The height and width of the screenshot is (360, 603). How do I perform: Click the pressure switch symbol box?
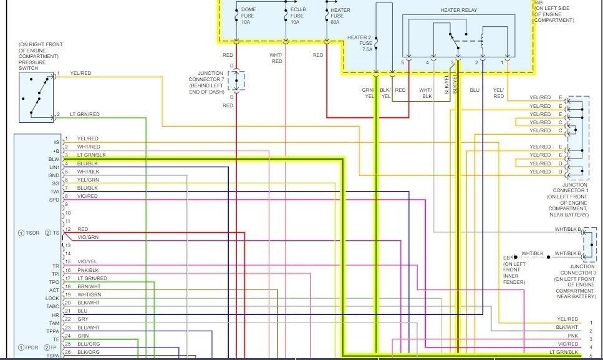(x=37, y=96)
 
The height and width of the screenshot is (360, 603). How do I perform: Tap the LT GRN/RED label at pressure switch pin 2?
(x=84, y=115)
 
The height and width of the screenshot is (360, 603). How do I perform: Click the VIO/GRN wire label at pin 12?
(x=88, y=238)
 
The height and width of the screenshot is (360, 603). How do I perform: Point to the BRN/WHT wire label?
(x=88, y=286)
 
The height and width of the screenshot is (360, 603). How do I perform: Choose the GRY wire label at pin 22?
(x=83, y=319)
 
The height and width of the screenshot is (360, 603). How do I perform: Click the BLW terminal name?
(x=54, y=159)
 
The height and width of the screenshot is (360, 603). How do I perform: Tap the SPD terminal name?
(x=54, y=200)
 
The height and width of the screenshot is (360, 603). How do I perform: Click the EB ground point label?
(x=507, y=257)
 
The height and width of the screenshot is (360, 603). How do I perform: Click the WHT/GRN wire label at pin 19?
(x=89, y=294)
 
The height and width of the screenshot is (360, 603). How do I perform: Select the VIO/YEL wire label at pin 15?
(x=87, y=262)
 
